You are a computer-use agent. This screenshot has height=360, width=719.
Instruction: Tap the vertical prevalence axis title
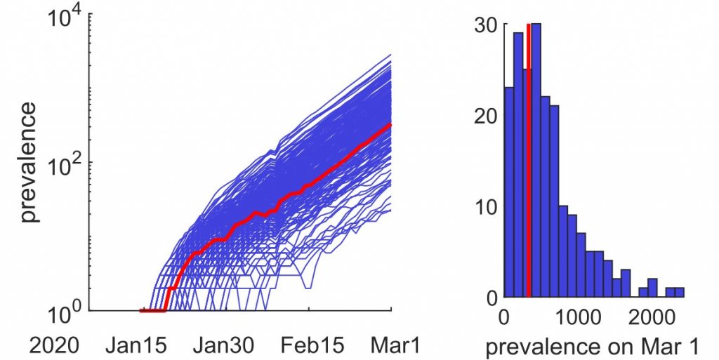pyautogui.click(x=29, y=162)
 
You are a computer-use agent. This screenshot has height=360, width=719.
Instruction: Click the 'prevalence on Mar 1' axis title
pyautogui.click(x=593, y=347)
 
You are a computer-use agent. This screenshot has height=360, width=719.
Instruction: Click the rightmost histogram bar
pyautogui.click(x=680, y=292)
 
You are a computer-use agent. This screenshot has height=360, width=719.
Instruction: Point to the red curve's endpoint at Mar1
pyautogui.click(x=390, y=124)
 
